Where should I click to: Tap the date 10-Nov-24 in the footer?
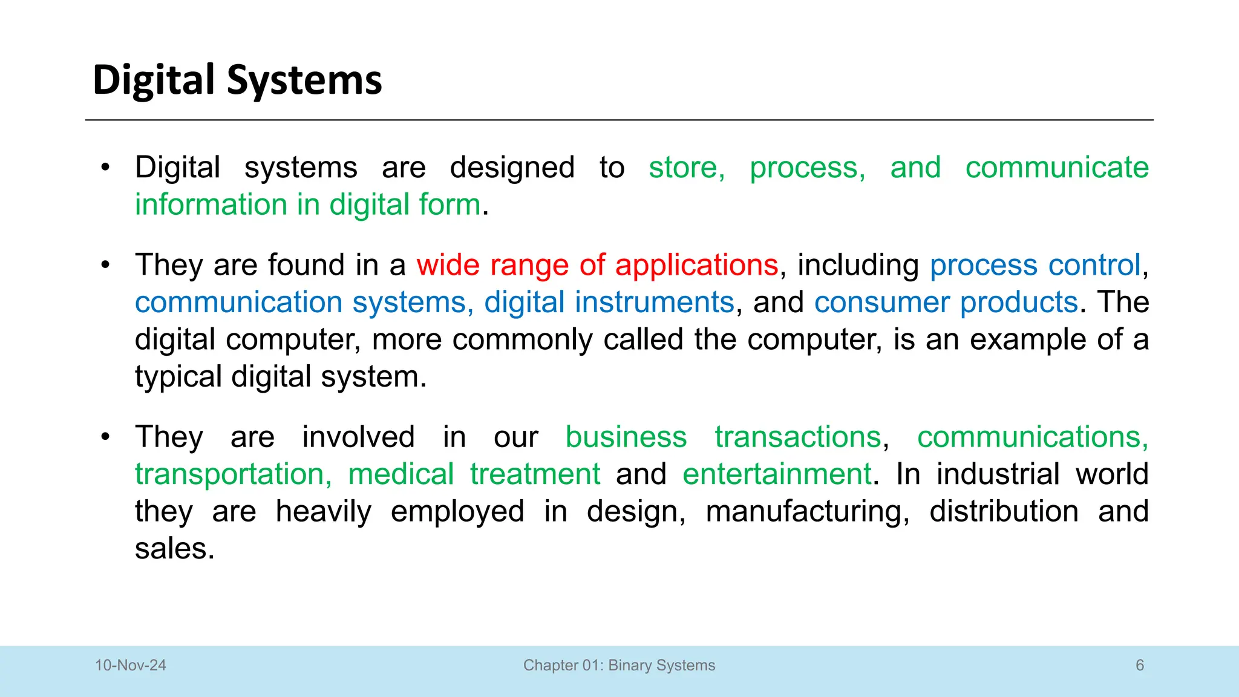tap(130, 666)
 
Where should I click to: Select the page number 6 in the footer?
tap(1140, 666)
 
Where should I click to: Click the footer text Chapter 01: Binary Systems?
tap(619, 666)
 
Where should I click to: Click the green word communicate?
tap(1057, 168)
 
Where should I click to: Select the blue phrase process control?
tap(1035, 266)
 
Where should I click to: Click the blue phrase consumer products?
tap(946, 303)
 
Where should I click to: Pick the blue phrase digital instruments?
tap(609, 303)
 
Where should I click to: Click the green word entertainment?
tap(777, 474)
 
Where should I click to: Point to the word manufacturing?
tap(807, 512)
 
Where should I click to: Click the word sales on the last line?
tap(174, 549)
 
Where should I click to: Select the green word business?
tap(626, 437)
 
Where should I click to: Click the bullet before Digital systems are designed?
tap(106, 168)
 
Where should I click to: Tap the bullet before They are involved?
tap(106, 437)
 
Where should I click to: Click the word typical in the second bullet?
tap(178, 377)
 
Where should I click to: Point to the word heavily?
tap(323, 512)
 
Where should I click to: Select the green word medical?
tap(400, 474)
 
